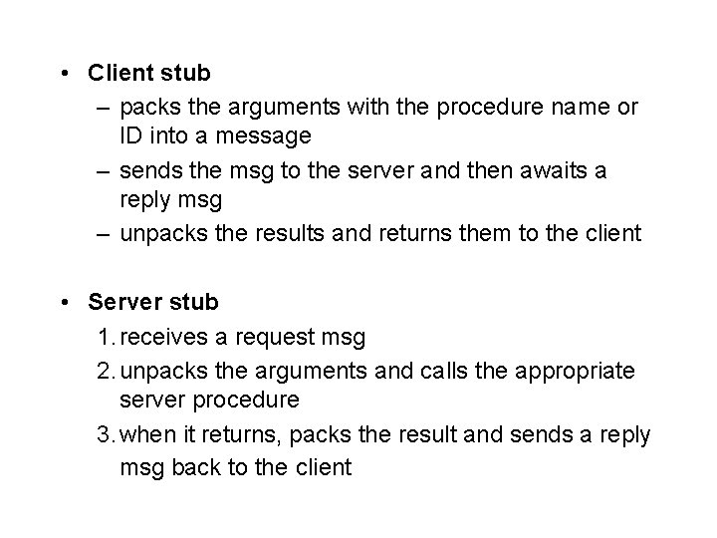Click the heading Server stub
point(153,302)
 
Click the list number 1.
point(105,337)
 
